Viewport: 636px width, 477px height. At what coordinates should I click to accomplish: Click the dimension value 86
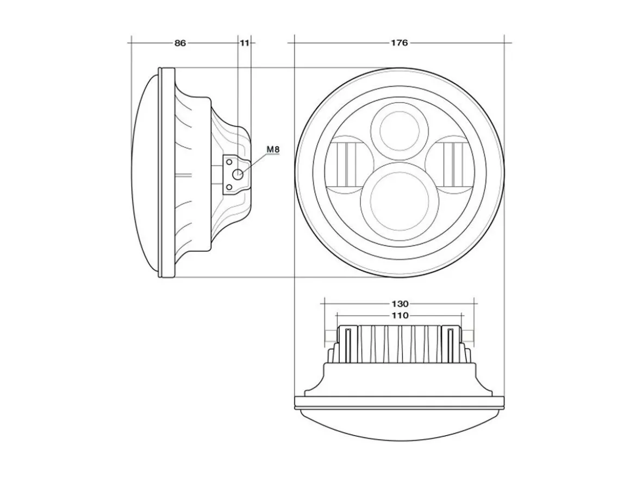click(x=180, y=42)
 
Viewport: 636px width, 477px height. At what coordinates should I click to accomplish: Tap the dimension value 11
click(x=244, y=42)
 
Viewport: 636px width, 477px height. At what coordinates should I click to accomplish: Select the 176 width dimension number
click(x=400, y=42)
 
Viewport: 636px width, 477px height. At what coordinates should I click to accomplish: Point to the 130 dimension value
click(x=400, y=303)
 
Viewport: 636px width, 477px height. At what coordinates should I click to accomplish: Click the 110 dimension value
click(x=400, y=315)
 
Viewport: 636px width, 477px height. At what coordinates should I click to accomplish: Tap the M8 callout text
click(x=273, y=149)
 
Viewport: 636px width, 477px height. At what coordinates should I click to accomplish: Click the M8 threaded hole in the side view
click(x=238, y=175)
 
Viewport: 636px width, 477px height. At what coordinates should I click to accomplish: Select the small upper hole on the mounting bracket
click(x=229, y=162)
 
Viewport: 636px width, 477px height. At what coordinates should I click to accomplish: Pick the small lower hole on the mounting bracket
click(x=229, y=187)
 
